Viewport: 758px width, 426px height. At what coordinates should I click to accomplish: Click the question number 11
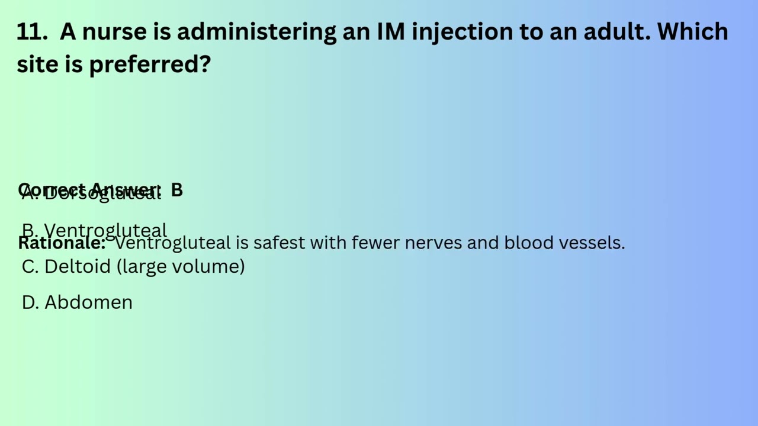(31, 31)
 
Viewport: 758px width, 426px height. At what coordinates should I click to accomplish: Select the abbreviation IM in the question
(391, 31)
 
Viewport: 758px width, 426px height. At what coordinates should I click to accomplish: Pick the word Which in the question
(692, 31)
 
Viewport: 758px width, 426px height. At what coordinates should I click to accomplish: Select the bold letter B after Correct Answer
(177, 190)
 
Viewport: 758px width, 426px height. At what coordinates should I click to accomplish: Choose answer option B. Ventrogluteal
(95, 230)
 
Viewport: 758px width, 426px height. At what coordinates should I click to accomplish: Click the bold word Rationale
(62, 243)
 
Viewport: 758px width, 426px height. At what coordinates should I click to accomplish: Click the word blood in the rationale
(522, 243)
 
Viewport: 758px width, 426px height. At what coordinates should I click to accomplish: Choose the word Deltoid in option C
(78, 266)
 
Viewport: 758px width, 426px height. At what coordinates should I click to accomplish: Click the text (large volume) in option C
(181, 266)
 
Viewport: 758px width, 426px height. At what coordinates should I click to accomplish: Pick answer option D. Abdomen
(77, 302)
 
